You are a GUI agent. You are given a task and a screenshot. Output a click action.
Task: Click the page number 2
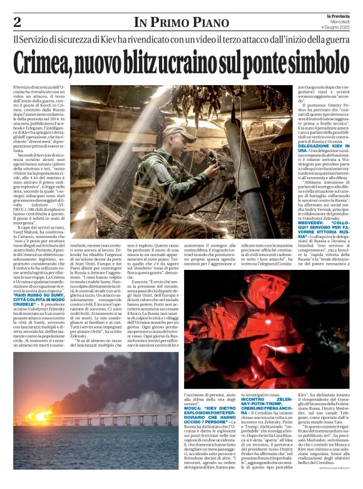[x=17, y=22]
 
